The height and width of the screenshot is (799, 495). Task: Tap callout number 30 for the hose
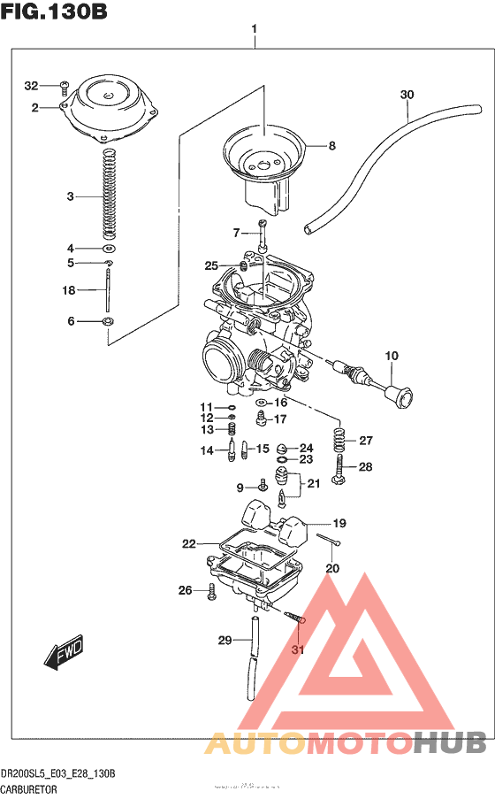pyautogui.click(x=406, y=95)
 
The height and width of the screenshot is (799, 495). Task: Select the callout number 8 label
pyautogui.click(x=332, y=146)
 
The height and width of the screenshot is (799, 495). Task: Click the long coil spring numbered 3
pyautogui.click(x=110, y=195)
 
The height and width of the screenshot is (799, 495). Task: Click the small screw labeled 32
pyautogui.click(x=64, y=86)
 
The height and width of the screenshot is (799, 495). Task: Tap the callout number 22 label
pyautogui.click(x=188, y=543)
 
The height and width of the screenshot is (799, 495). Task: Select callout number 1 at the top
pyautogui.click(x=254, y=29)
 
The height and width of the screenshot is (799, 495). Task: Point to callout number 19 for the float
pyautogui.click(x=339, y=523)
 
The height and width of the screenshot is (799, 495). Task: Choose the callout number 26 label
pyautogui.click(x=185, y=590)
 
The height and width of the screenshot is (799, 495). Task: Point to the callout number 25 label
pyautogui.click(x=211, y=265)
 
